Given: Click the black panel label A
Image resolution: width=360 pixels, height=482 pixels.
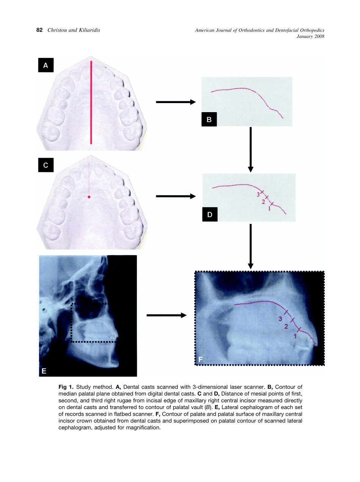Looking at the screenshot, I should (x=46, y=65).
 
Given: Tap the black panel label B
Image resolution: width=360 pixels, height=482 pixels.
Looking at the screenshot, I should (x=209, y=120).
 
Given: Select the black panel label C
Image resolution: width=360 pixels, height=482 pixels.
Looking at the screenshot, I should (x=46, y=165).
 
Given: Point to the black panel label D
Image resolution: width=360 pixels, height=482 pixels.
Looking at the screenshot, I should (x=210, y=215).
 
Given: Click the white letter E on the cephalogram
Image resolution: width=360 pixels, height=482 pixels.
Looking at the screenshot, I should (x=44, y=371).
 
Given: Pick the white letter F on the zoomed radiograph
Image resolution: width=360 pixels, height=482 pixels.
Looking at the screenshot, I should (x=200, y=358).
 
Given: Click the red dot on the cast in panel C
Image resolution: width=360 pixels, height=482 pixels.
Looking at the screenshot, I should (x=89, y=197).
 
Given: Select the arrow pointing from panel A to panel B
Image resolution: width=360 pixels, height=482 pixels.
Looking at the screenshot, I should (x=175, y=102).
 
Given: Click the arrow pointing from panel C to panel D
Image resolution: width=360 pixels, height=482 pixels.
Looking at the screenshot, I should (x=175, y=196).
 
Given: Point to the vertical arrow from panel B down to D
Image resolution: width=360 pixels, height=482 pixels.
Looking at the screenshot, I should (x=250, y=149).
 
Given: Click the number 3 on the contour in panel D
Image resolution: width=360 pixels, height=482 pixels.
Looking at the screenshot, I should (x=258, y=194).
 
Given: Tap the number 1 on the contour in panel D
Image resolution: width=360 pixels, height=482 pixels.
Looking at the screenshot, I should (x=269, y=208).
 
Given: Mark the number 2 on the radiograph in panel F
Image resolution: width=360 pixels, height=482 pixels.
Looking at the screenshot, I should (x=286, y=327).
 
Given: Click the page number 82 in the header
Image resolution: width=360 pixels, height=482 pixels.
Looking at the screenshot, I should (x=39, y=30).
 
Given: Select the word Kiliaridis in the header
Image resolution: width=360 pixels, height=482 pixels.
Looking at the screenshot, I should (x=88, y=30).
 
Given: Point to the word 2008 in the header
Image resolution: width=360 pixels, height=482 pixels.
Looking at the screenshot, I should (x=319, y=36).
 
